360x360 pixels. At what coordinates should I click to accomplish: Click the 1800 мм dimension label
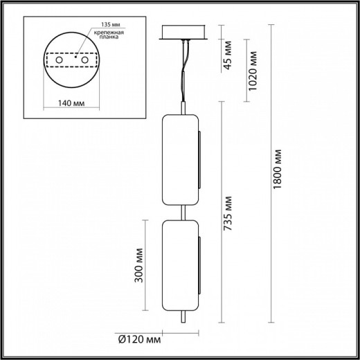tap(277, 170)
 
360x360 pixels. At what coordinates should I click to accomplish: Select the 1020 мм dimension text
tap(255, 67)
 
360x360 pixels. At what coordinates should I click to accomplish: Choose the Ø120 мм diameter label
tap(143, 340)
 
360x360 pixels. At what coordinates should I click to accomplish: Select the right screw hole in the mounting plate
tap(87, 62)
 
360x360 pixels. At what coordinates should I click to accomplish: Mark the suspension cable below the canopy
tap(185, 69)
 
